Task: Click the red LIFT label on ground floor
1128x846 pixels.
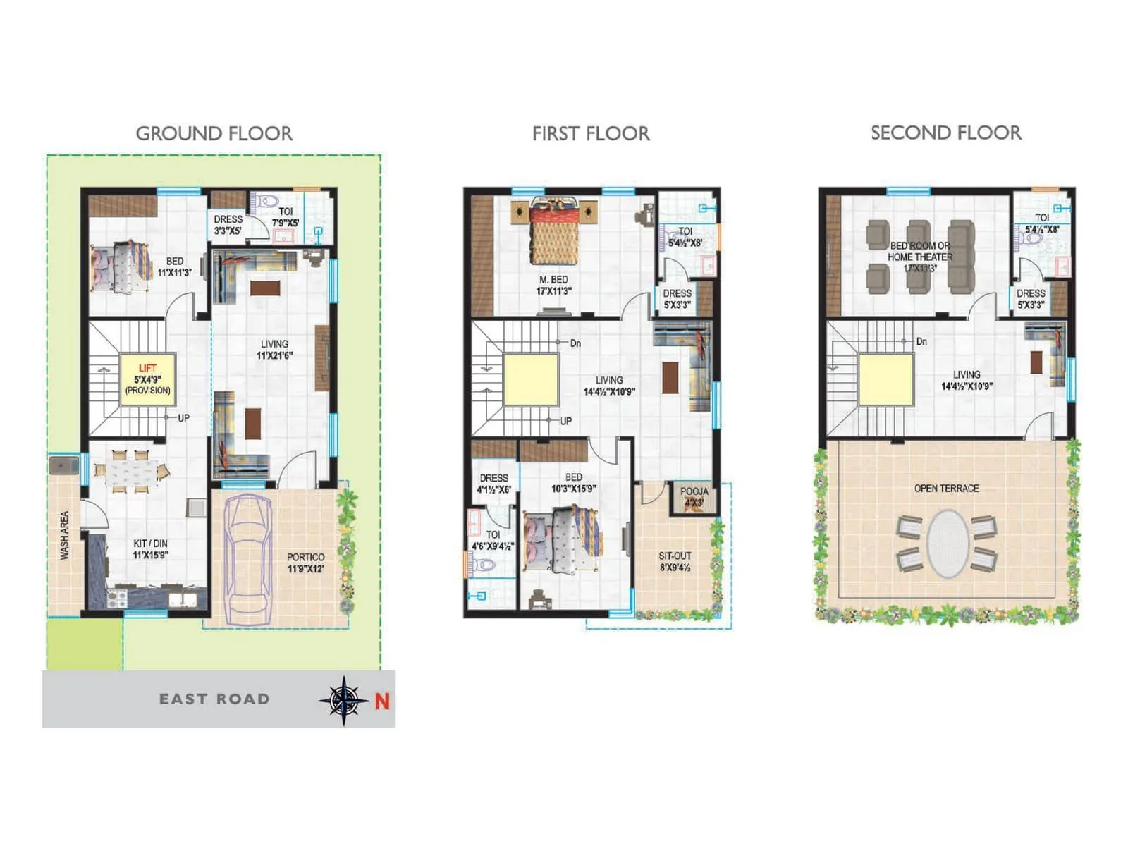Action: tap(147, 368)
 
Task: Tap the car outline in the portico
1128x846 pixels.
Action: tap(247, 560)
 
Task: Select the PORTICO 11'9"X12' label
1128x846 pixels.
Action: tap(305, 563)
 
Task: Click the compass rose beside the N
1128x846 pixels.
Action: tap(343, 700)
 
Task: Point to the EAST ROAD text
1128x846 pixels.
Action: tap(214, 699)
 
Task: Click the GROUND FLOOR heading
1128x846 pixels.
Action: tap(214, 133)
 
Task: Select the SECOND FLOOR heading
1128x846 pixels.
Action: tap(945, 133)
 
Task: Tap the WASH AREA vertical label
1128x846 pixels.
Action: tap(64, 536)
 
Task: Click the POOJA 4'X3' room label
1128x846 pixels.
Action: tap(694, 496)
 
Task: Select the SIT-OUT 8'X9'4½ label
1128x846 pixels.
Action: tap(675, 561)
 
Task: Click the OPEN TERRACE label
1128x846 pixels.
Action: tap(946, 488)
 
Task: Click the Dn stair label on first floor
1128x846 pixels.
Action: tap(575, 343)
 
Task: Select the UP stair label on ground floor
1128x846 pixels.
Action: tap(183, 418)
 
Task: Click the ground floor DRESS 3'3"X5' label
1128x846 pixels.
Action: tap(228, 224)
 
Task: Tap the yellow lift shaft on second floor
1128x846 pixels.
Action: tap(885, 380)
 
